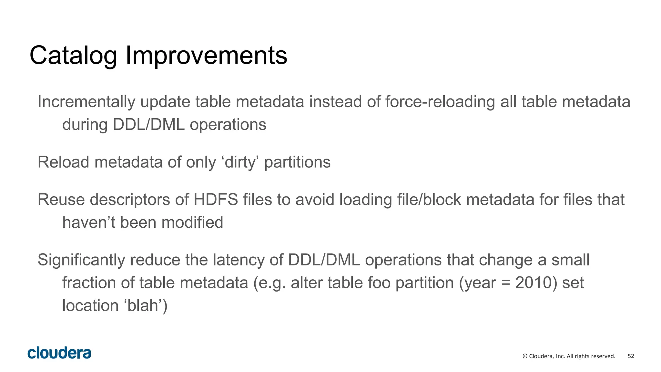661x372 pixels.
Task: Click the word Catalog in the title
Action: (x=73, y=56)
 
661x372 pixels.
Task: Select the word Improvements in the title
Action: (x=206, y=56)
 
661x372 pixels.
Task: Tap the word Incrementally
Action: (x=86, y=102)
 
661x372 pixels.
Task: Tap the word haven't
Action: (x=88, y=222)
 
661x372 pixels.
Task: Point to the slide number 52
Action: (x=631, y=356)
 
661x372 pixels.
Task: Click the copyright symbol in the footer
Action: (x=525, y=356)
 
